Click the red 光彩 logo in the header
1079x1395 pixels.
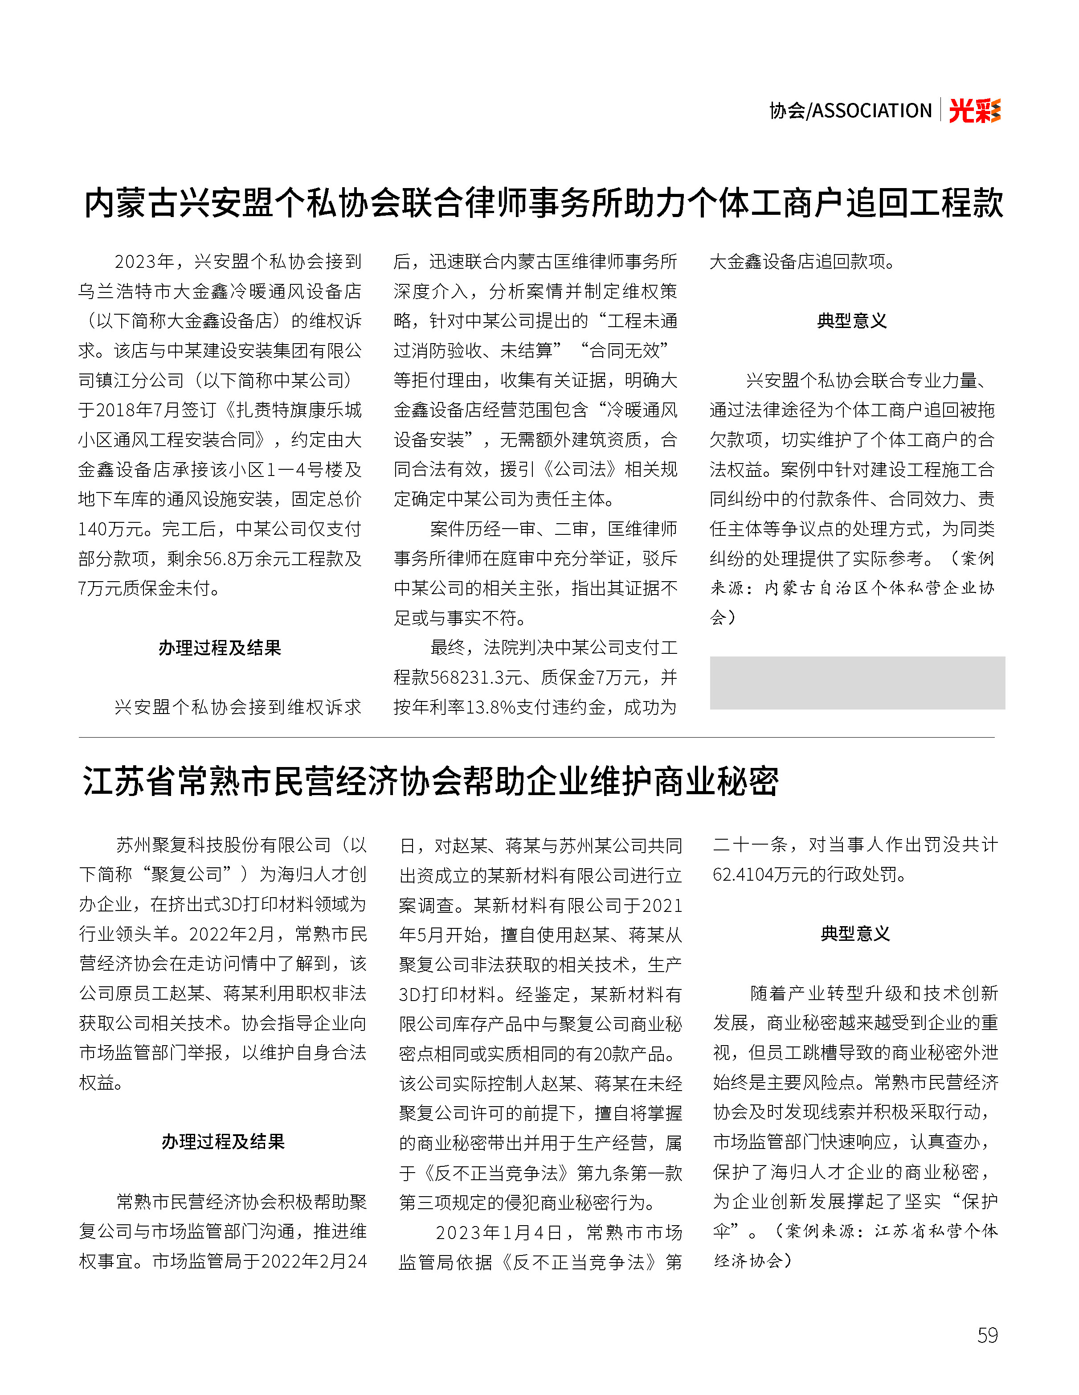tap(974, 111)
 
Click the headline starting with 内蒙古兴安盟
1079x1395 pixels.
tap(544, 203)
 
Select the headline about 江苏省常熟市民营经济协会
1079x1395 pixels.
tap(430, 781)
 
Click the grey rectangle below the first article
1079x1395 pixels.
tap(857, 683)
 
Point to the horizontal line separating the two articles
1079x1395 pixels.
tap(536, 738)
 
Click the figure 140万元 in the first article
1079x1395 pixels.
tap(115, 529)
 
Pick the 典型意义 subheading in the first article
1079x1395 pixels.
tap(852, 320)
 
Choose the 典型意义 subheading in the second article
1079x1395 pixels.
tap(855, 934)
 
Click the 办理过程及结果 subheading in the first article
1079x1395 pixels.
tap(220, 648)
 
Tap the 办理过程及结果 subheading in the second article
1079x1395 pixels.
tap(223, 1141)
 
